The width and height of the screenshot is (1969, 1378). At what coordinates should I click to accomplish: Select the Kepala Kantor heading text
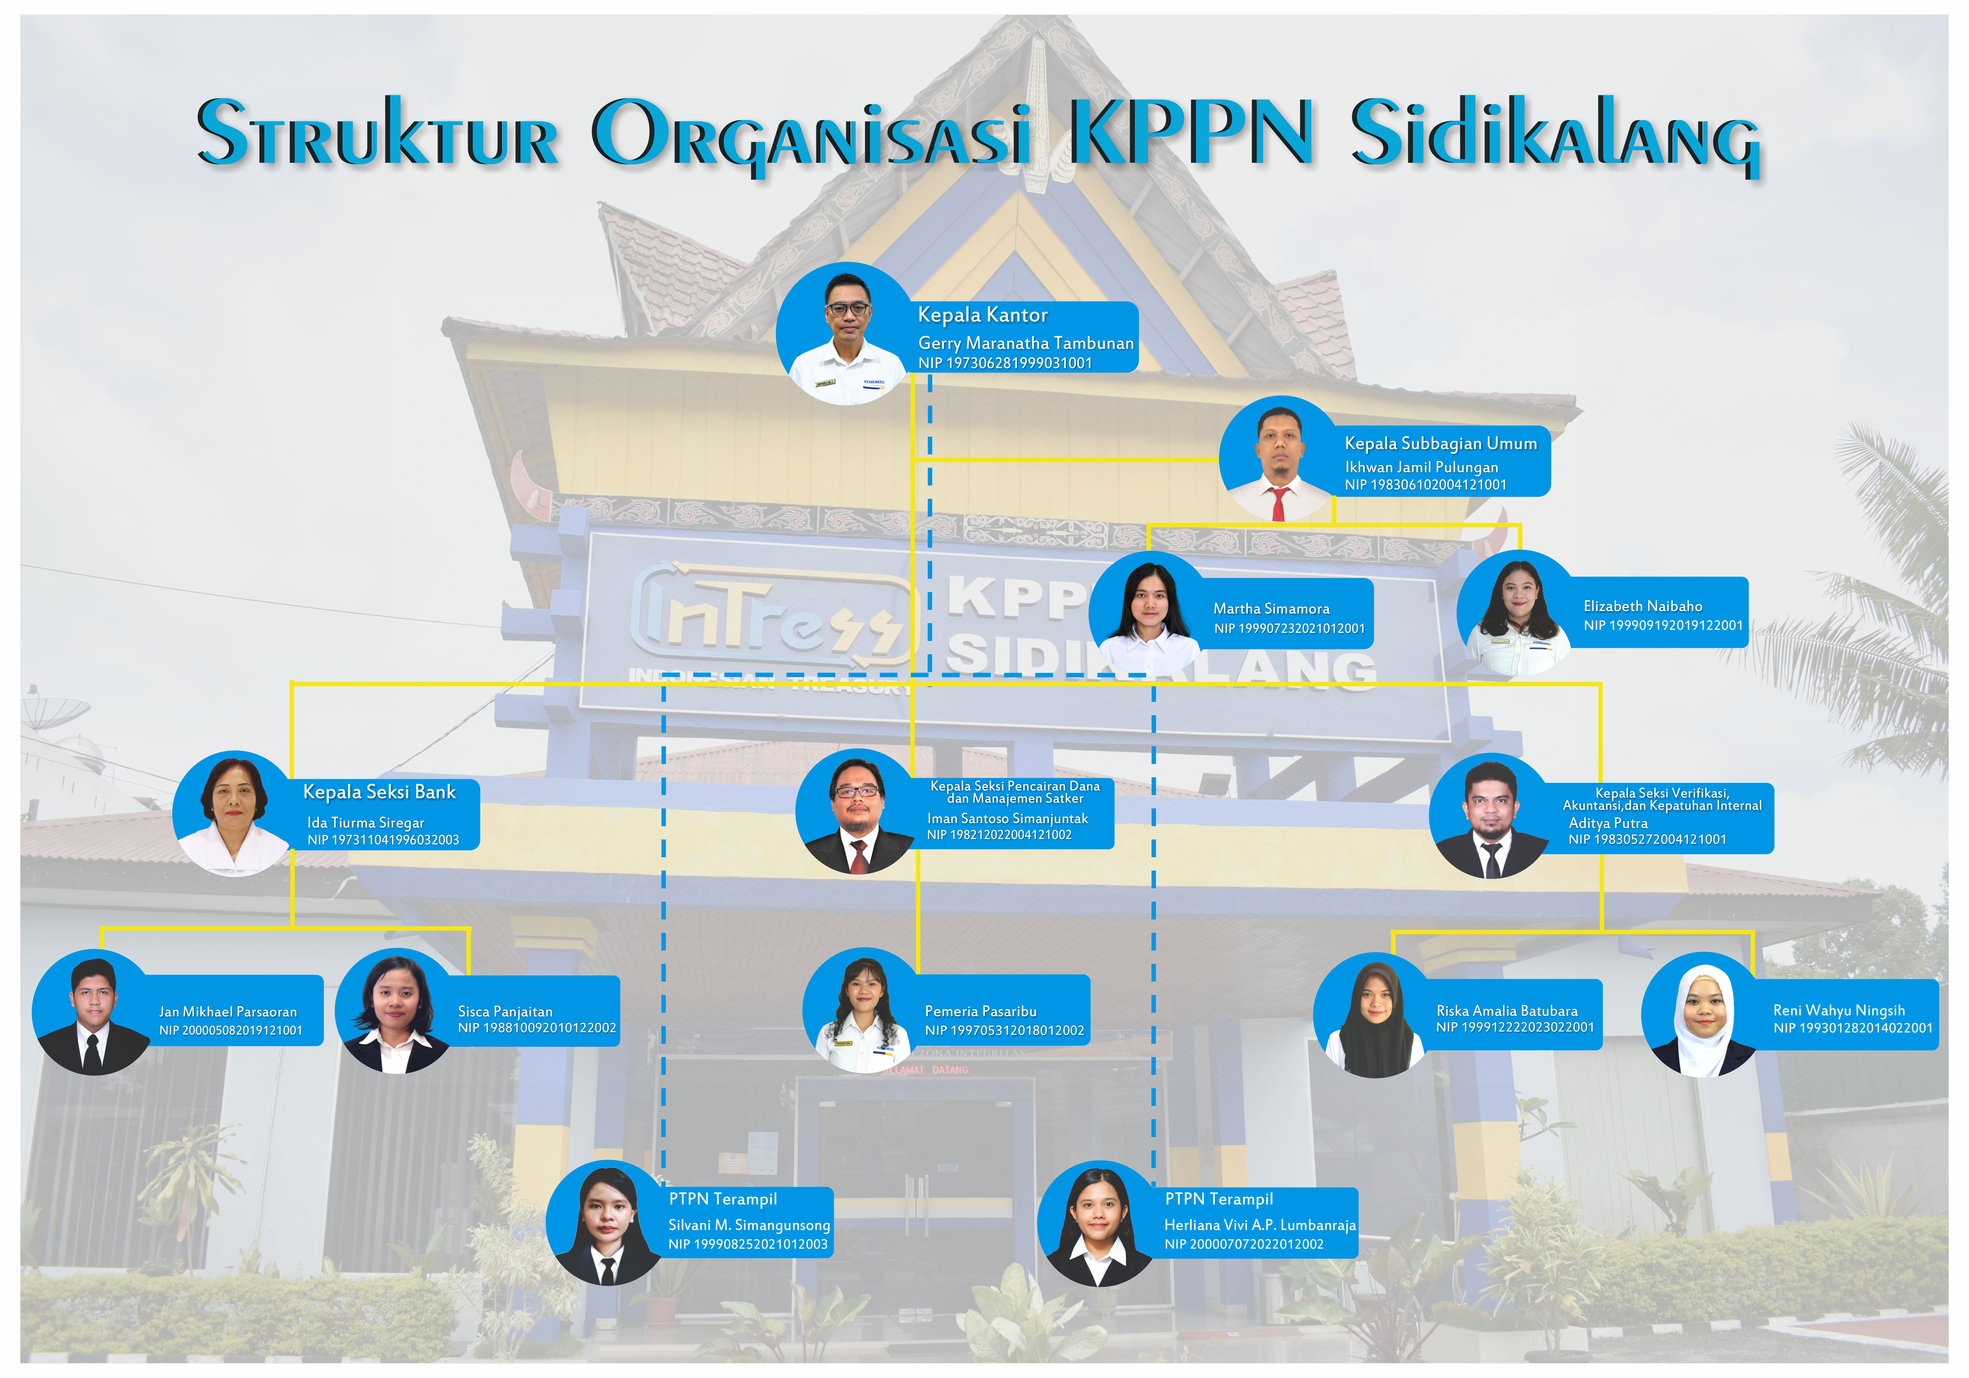983,316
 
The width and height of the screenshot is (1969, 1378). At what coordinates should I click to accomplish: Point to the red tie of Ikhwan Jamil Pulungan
1280,503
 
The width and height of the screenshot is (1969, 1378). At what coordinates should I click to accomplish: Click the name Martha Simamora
1271,609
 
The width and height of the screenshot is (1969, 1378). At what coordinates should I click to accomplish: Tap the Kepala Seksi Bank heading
379,792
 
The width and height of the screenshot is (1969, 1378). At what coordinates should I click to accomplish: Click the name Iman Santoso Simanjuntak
1008,819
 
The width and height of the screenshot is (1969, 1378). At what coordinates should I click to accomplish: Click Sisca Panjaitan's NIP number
537,1028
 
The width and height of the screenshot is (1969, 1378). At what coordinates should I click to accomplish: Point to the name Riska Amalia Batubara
1507,1011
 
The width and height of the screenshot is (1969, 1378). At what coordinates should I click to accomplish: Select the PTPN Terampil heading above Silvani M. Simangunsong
723,1200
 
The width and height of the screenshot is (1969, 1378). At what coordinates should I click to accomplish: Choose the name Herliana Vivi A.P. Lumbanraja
1260,1225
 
